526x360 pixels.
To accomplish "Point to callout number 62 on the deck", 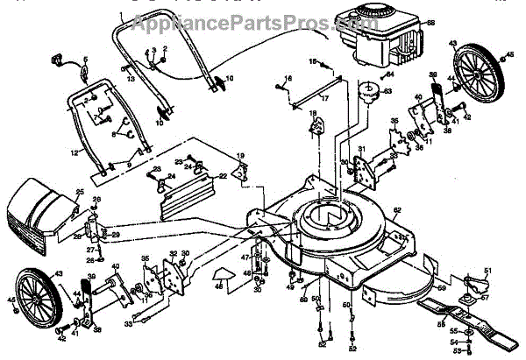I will tap(396, 210).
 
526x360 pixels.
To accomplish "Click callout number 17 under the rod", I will tap(324, 99).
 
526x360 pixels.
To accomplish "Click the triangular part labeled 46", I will tap(224, 279).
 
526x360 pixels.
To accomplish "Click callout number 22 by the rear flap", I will tap(223, 176).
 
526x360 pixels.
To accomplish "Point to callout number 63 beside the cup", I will tap(388, 90).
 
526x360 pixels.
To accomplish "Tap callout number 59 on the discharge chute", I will tap(441, 285).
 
